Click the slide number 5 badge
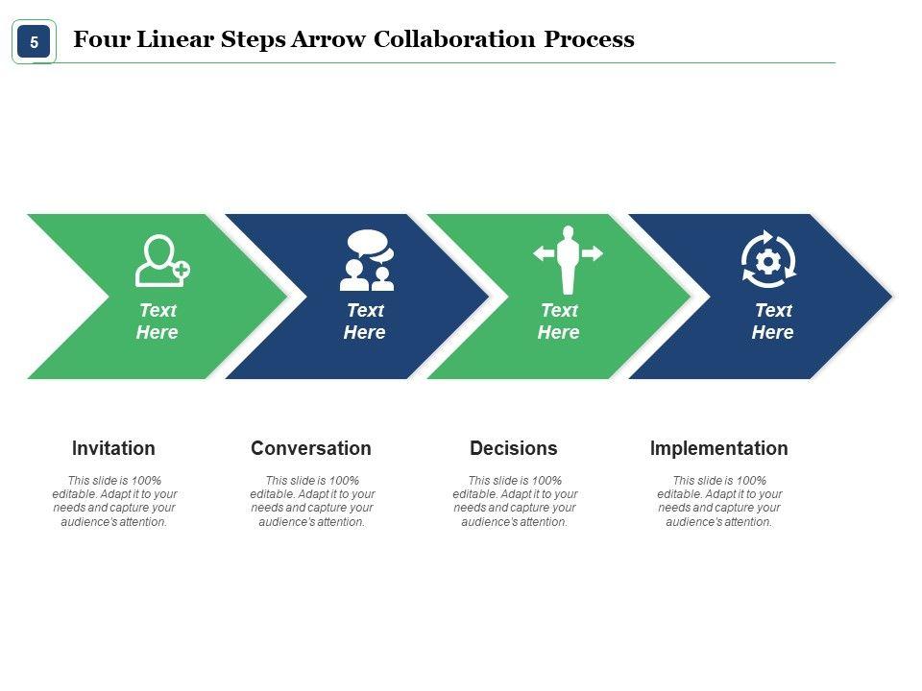click(34, 42)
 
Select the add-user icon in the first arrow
click(161, 260)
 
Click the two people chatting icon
click(367, 260)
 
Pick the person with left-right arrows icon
click(568, 259)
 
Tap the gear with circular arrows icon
click(768, 258)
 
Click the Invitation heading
click(113, 448)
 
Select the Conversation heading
click(310, 448)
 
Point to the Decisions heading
click(513, 448)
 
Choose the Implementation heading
click(718, 448)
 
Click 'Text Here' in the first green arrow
click(157, 322)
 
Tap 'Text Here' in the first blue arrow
click(364, 322)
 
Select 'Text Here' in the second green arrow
click(558, 322)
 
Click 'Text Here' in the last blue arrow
click(772, 322)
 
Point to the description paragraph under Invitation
click(114, 501)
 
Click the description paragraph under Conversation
click(311, 501)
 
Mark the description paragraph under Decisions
click(515, 501)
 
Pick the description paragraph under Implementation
click(718, 501)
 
